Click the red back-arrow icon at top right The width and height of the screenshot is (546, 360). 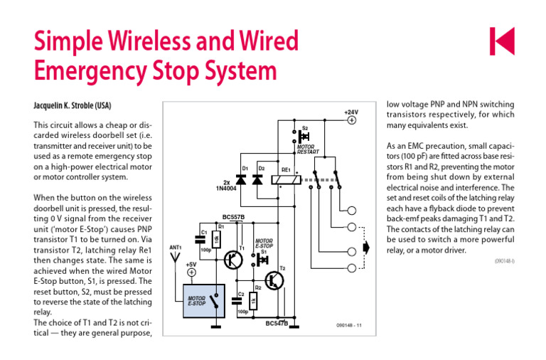(501, 41)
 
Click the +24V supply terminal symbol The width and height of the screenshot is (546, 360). (351, 121)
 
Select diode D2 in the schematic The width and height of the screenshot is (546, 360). (257, 181)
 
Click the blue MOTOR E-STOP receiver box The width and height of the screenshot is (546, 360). (205, 300)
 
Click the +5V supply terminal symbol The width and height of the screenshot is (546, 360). (191, 272)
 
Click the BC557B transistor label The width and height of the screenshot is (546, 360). (233, 216)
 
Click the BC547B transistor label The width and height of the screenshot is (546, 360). (277, 324)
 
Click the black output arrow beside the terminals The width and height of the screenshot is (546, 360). (367, 248)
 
